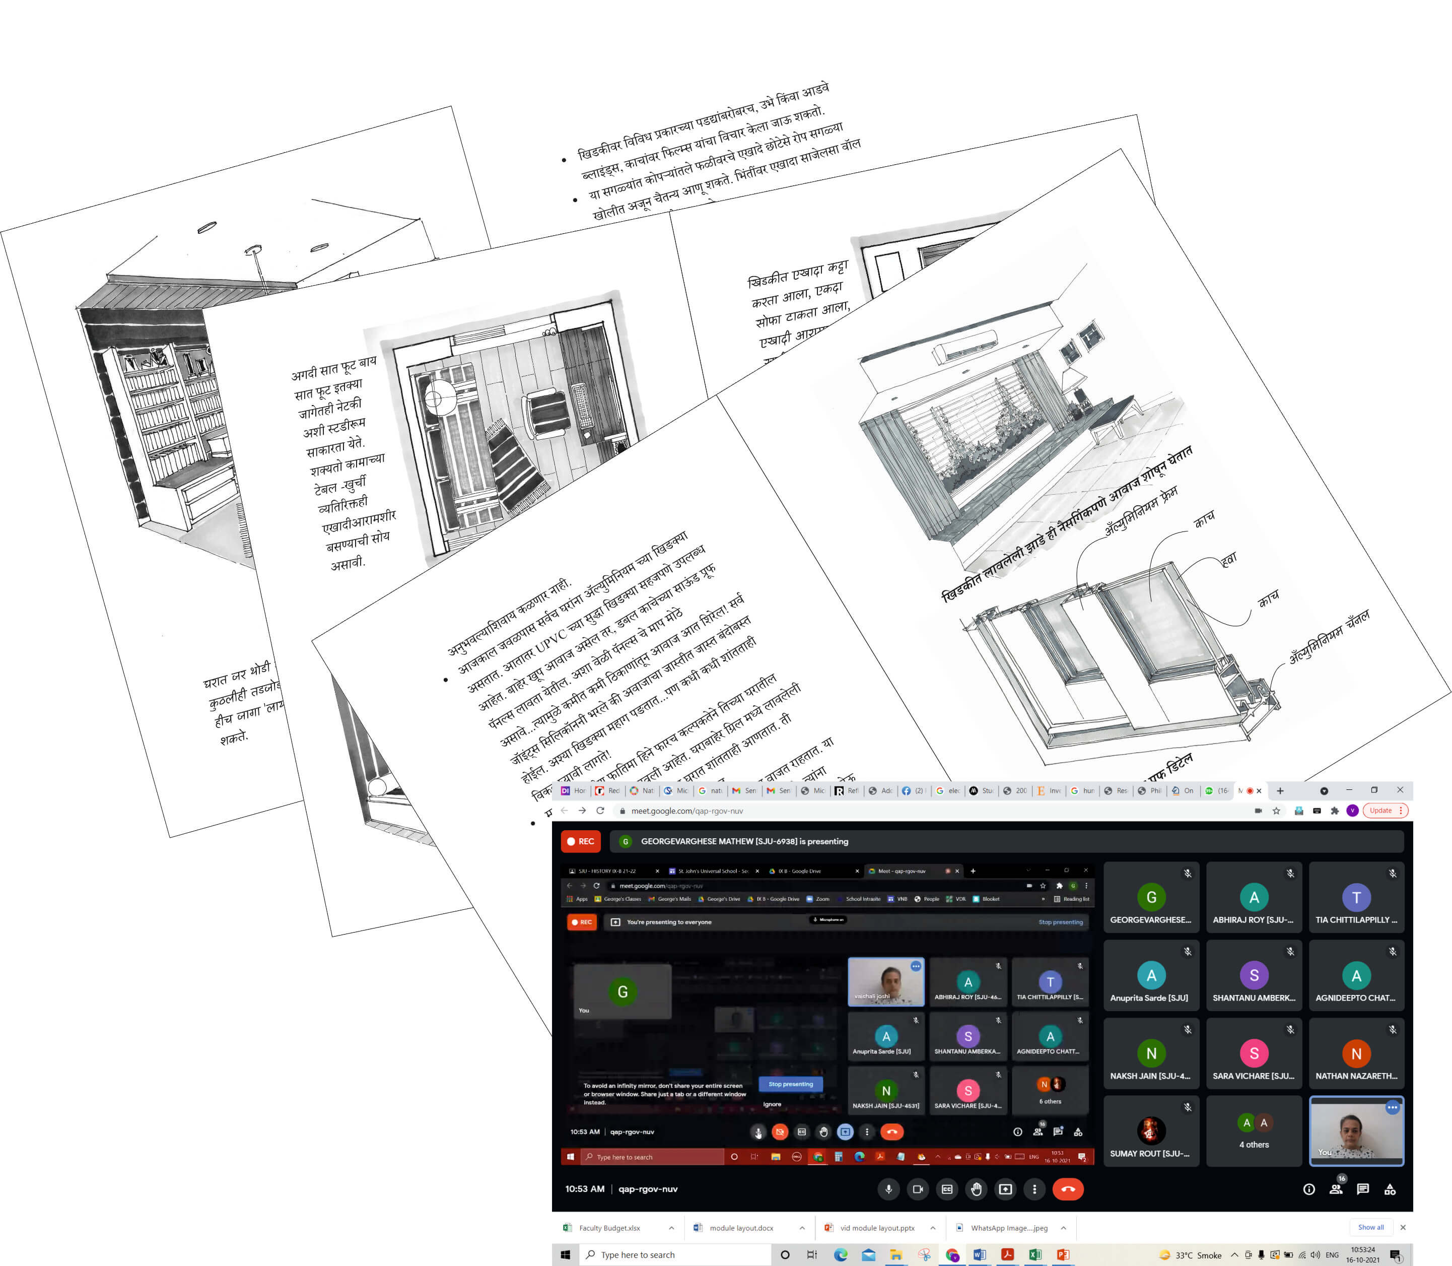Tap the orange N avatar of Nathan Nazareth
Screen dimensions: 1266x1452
pyautogui.click(x=1355, y=1053)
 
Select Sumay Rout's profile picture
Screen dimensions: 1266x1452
pyautogui.click(x=1150, y=1129)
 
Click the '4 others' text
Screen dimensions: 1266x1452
pyautogui.click(x=1254, y=1145)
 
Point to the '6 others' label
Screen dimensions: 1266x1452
pyautogui.click(x=1050, y=1101)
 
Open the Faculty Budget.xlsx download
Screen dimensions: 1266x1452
pyautogui.click(x=609, y=1228)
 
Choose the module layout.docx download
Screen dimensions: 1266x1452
pyautogui.click(x=741, y=1228)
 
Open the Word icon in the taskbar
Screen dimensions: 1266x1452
pyautogui.click(x=979, y=1255)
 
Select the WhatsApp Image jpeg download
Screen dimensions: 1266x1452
pyautogui.click(x=1008, y=1228)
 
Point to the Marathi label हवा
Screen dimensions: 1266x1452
pyautogui.click(x=1229, y=560)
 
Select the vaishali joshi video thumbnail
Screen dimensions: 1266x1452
pyautogui.click(x=885, y=981)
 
